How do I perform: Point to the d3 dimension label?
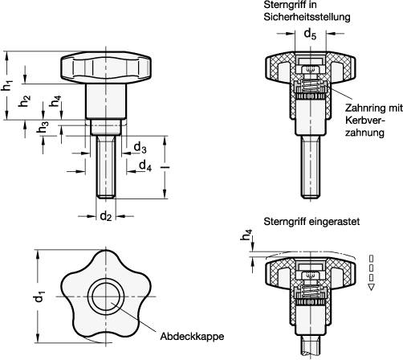(x=139, y=149)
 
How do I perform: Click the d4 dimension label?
(x=144, y=166)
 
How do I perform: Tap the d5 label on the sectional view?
(x=310, y=35)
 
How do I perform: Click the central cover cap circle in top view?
(x=104, y=296)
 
